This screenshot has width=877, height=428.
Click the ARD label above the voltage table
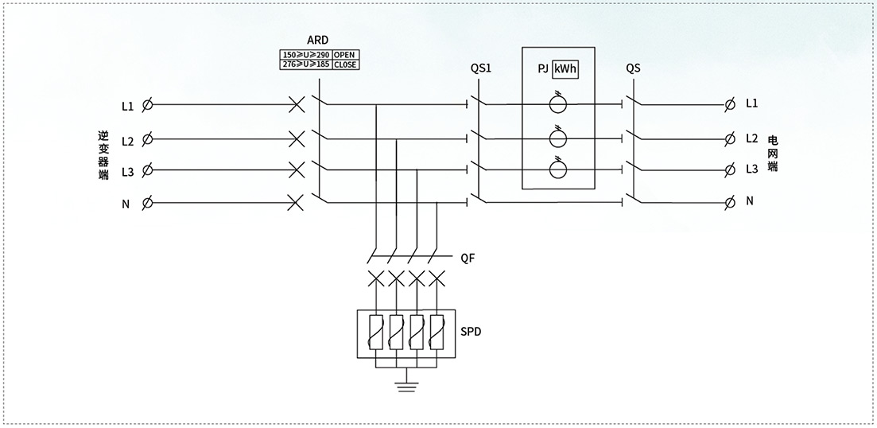[x=318, y=41]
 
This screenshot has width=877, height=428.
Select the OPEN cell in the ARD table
[x=346, y=55]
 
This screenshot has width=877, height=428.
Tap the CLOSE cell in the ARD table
[x=346, y=65]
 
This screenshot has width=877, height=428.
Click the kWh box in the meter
[x=565, y=70]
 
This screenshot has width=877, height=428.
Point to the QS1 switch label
[x=481, y=69]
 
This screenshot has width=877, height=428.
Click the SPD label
[x=471, y=332]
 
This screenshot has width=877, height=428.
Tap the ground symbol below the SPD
[x=406, y=386]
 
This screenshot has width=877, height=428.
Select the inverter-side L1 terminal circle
[x=148, y=105]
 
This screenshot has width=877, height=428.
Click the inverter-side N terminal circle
[x=148, y=203]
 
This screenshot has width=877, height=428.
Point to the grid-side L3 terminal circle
[x=729, y=169]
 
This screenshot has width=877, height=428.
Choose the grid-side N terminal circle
[x=729, y=202]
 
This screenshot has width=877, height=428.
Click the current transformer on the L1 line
[x=557, y=104]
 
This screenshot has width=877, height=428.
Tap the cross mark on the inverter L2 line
[x=296, y=138]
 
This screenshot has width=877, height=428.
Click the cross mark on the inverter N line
[x=295, y=203]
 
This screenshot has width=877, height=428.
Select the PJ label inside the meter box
[x=541, y=71]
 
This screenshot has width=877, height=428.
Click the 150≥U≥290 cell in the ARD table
[x=306, y=55]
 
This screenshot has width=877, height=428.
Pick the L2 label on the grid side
[x=751, y=138]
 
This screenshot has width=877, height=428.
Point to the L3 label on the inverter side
[x=127, y=173]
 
